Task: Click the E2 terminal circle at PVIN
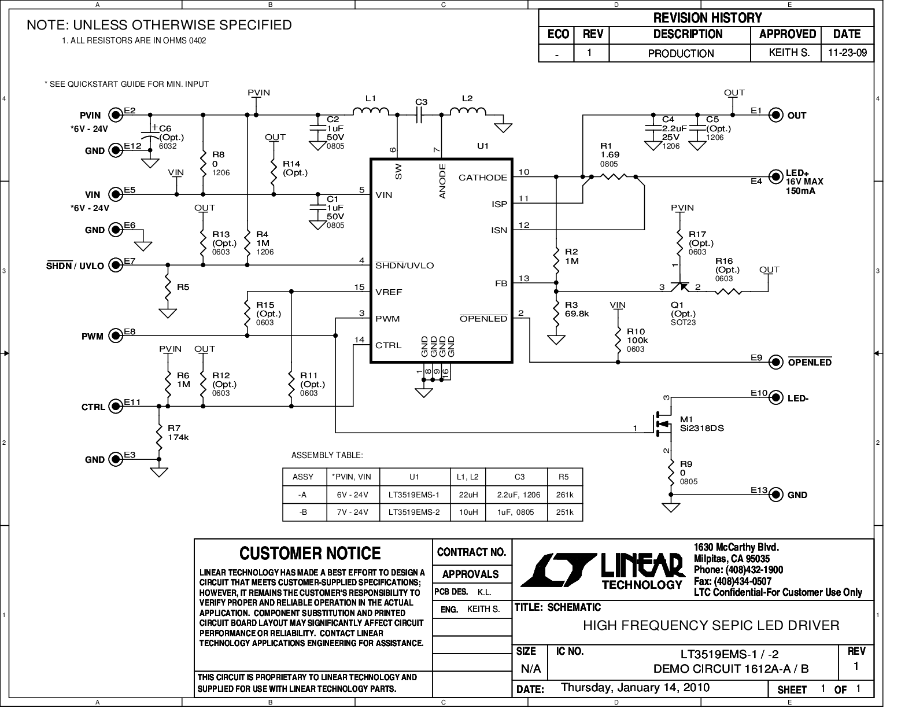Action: [116, 115]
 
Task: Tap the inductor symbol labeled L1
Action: [371, 112]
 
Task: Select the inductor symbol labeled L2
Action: [467, 112]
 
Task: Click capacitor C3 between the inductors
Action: [420, 115]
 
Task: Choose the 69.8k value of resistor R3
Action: [577, 314]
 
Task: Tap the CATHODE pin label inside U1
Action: [482, 178]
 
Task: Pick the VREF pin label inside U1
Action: [388, 292]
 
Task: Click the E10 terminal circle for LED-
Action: [776, 398]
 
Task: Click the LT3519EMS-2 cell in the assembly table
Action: [414, 512]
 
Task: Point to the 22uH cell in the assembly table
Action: [467, 495]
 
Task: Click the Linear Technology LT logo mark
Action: [558, 569]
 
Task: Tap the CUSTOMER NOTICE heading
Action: [310, 554]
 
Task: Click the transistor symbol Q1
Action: [680, 287]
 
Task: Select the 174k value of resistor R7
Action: [178, 437]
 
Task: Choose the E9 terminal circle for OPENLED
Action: [776, 362]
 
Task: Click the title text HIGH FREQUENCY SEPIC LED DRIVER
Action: [710, 625]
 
